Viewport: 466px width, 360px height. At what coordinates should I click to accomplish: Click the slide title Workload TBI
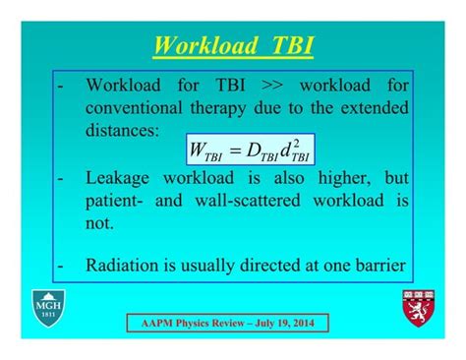point(232,46)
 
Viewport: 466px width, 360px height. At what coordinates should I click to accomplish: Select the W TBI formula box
point(248,150)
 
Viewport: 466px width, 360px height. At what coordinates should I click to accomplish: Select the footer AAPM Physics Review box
point(227,323)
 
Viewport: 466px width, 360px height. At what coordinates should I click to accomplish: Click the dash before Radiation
point(63,265)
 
